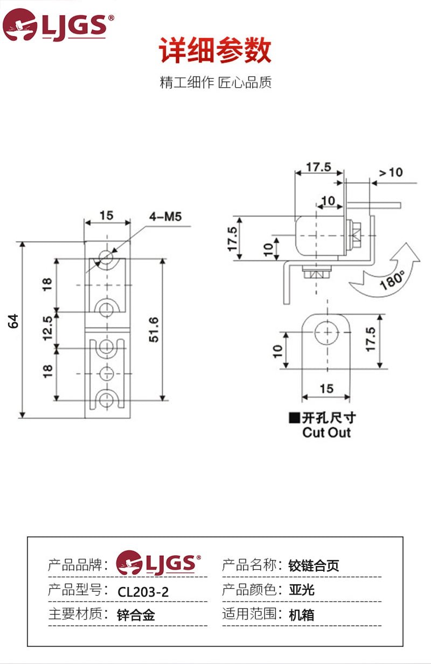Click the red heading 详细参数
[215, 51]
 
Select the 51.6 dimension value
[153, 330]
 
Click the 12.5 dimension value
[47, 328]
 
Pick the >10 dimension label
[391, 172]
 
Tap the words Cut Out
[326, 432]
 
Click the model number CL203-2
[143, 592]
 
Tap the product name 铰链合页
[314, 565]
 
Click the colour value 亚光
[301, 590]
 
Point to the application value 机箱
[301, 614]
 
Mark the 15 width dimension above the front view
[107, 215]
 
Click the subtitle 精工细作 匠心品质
[215, 83]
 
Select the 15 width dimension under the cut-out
[326, 389]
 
